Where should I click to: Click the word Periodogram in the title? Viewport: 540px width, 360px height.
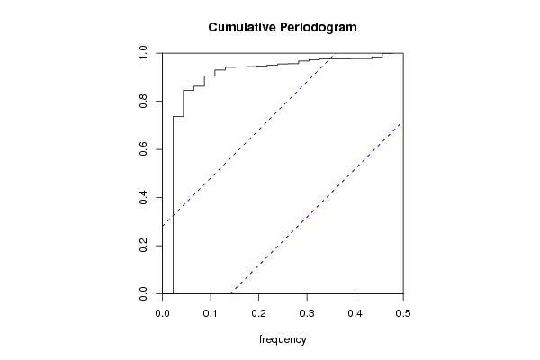319,28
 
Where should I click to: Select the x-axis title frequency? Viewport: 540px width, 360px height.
283,339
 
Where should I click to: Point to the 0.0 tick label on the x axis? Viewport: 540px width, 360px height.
162,313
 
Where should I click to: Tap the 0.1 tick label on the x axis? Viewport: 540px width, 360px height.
211,313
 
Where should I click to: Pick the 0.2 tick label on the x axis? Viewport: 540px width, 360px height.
258,313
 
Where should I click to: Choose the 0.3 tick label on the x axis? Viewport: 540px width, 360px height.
307,313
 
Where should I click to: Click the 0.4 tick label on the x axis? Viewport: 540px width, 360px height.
355,313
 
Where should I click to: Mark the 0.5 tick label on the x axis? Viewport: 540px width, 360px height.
403,313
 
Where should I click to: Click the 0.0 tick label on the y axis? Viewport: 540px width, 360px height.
143,294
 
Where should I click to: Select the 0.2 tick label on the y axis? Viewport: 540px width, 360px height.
143,246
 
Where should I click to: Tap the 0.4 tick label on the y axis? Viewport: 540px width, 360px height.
143,197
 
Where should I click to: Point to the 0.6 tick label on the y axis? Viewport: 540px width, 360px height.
143,149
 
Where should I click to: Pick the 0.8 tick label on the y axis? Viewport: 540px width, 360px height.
143,102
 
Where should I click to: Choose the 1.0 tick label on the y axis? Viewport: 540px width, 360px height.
143,53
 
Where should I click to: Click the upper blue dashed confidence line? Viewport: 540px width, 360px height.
248,139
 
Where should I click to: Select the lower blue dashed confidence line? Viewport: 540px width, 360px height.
316,207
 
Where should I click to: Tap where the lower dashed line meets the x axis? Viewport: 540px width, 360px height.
230,294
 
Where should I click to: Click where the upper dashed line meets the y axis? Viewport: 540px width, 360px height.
162,226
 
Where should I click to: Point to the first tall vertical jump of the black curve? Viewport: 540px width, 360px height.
173,205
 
